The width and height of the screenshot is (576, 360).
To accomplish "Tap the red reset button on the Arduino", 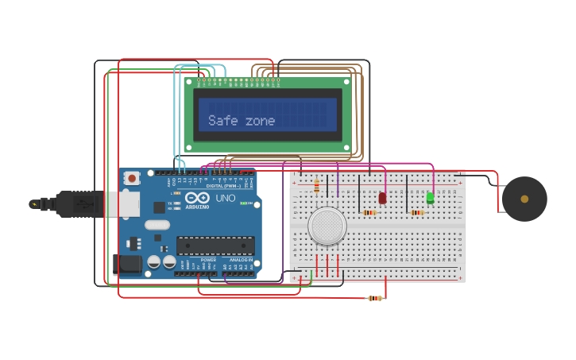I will (132, 177).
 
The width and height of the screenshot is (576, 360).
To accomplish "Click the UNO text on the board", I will (225, 198).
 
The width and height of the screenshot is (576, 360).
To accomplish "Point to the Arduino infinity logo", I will (198, 197).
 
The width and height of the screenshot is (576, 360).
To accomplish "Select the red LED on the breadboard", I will (382, 198).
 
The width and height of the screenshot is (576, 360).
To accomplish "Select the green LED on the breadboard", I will (430, 197).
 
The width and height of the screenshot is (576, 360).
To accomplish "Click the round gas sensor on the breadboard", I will (327, 226).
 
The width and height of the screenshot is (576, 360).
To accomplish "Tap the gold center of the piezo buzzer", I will (524, 199).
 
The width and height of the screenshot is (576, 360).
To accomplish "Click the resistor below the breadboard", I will (375, 298).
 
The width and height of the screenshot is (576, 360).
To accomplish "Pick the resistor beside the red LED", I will (369, 212).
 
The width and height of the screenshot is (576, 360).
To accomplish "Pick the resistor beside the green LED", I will (416, 212).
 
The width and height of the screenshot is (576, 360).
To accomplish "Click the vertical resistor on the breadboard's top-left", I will (317, 186).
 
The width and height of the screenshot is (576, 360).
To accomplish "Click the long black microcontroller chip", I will (215, 246).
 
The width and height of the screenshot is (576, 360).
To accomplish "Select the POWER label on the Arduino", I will (208, 260).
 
